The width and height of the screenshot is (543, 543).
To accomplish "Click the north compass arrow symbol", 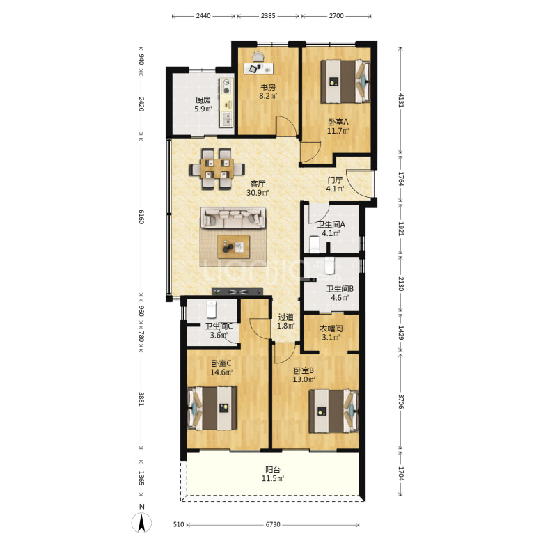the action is click(x=141, y=523).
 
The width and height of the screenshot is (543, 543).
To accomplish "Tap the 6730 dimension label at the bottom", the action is click(x=273, y=525).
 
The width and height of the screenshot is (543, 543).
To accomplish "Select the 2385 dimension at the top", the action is click(x=268, y=15).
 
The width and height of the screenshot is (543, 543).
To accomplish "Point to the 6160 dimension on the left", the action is click(x=141, y=217).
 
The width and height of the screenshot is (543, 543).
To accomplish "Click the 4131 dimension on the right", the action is click(x=401, y=100).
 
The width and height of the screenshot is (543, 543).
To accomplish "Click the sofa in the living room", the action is click(x=233, y=218).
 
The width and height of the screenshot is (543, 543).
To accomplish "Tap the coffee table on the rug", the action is click(x=234, y=246).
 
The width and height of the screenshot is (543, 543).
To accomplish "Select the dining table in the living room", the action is click(x=217, y=168).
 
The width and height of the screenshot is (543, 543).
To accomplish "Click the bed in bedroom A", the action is click(x=345, y=81).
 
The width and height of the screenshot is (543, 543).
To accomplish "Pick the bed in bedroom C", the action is click(x=212, y=408).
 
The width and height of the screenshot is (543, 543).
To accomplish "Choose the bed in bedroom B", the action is click(x=333, y=411).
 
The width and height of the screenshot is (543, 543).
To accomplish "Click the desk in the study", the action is click(x=258, y=68).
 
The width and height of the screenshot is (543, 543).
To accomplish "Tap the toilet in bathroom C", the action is click(x=211, y=309).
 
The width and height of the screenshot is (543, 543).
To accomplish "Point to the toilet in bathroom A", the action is click(x=315, y=244).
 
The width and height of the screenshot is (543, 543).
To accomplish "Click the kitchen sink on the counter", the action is click(x=227, y=119).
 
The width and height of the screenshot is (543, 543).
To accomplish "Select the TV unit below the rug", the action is click(x=237, y=292).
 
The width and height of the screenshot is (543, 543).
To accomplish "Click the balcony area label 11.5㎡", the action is click(x=273, y=479).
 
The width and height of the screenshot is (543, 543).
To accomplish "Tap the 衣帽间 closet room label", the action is click(x=331, y=329).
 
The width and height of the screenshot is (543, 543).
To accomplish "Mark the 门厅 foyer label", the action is click(x=335, y=180).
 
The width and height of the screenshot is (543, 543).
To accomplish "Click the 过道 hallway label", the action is click(x=285, y=317).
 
